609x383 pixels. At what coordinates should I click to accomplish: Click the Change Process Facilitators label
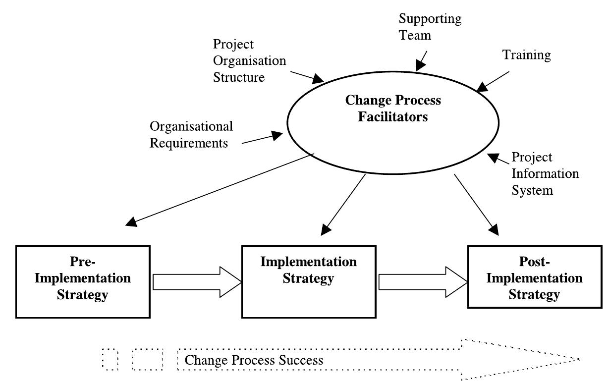(393, 108)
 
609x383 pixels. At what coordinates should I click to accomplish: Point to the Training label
(527, 55)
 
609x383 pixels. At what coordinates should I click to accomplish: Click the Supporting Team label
(430, 27)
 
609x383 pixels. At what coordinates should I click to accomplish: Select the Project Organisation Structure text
(250, 60)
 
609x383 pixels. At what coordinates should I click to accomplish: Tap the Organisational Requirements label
(191, 135)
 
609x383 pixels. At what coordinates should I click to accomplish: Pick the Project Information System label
(545, 173)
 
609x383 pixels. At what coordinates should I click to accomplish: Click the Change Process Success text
(254, 360)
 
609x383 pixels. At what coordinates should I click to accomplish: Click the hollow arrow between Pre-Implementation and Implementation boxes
(197, 282)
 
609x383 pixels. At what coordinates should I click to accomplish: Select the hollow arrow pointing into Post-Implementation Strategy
(423, 282)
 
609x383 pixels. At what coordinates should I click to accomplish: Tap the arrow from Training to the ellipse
(493, 82)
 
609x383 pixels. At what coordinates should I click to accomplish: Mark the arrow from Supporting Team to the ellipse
(421, 61)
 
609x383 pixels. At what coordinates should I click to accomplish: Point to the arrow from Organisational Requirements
(262, 138)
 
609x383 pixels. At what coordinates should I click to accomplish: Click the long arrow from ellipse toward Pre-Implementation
(220, 190)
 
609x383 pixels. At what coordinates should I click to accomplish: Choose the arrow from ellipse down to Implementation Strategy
(343, 205)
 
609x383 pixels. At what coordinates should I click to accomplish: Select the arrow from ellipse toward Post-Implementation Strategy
(476, 205)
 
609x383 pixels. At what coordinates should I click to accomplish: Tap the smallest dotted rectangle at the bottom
(110, 359)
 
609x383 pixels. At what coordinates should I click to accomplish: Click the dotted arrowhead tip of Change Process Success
(580, 360)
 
